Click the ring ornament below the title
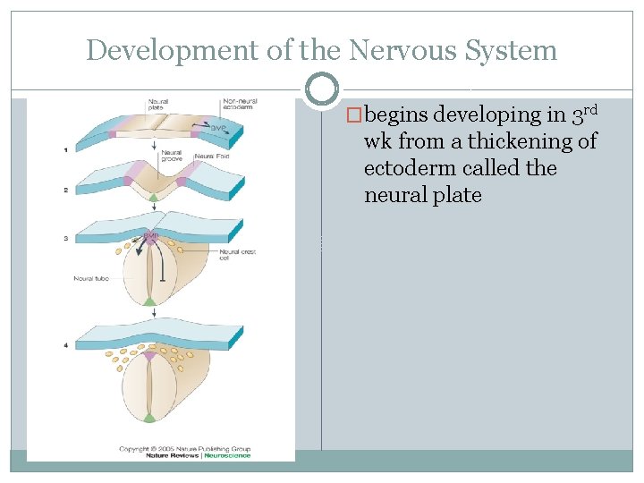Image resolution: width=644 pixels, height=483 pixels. click(x=321, y=89)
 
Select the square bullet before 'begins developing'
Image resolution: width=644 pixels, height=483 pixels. click(x=355, y=115)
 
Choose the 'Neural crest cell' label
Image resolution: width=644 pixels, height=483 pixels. click(x=237, y=255)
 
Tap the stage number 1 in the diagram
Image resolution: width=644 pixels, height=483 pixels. click(x=65, y=149)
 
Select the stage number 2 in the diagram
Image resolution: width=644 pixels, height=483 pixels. click(x=65, y=191)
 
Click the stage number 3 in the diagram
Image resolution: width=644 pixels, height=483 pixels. click(x=65, y=238)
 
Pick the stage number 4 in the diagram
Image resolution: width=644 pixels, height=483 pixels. click(x=65, y=345)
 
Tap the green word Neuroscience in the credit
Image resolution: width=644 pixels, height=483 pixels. click(x=227, y=455)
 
